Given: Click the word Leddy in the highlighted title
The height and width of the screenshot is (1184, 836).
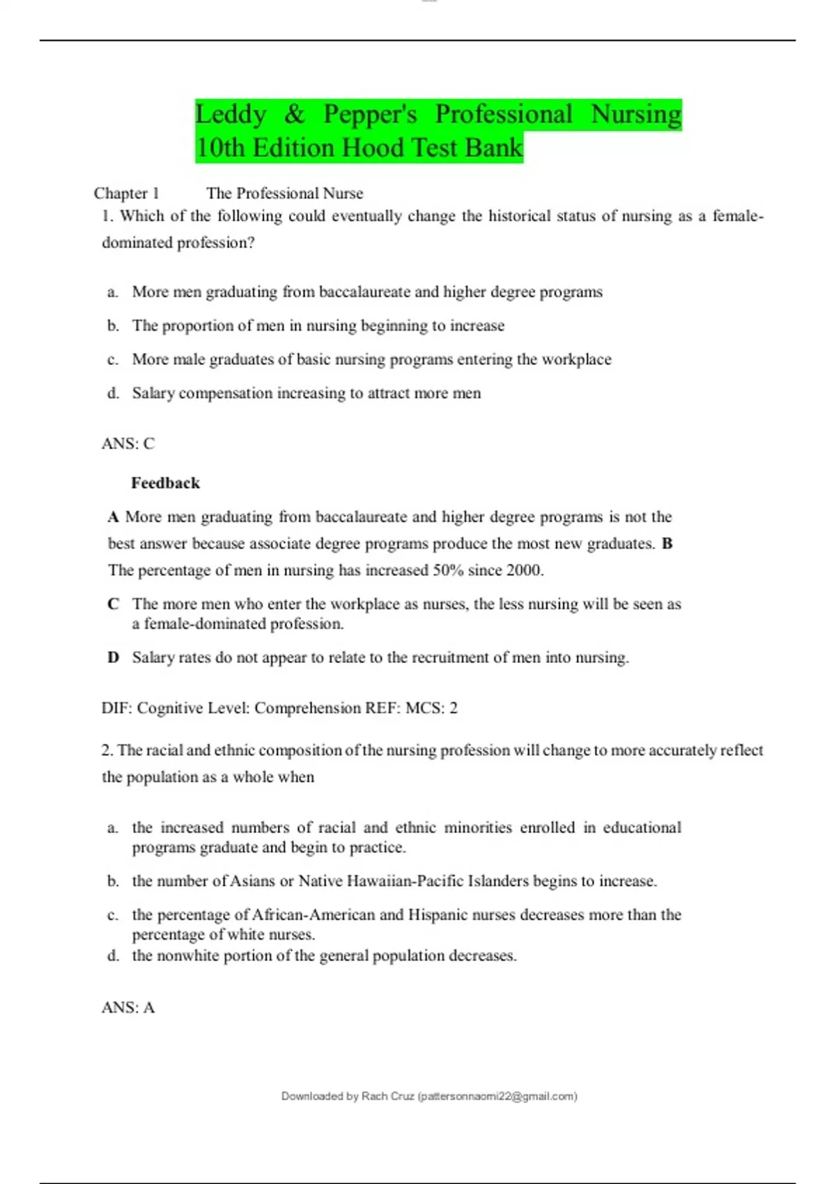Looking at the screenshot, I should pyautogui.click(x=231, y=114).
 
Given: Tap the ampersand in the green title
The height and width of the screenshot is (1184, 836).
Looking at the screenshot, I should pyautogui.click(x=295, y=114).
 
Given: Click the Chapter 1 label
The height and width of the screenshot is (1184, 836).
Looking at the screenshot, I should pyautogui.click(x=126, y=193).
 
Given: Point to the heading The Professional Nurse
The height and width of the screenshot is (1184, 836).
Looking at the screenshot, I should pyautogui.click(x=285, y=193).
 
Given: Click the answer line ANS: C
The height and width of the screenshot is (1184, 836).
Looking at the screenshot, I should pyautogui.click(x=128, y=444).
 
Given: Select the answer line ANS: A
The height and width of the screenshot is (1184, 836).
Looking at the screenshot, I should pyautogui.click(x=128, y=1008).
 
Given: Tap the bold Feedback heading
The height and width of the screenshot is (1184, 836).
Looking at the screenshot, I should pyautogui.click(x=165, y=483).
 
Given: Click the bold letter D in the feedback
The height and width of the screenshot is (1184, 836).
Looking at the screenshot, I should pyautogui.click(x=113, y=657).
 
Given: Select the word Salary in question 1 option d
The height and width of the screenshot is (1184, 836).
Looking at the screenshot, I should pyautogui.click(x=153, y=394).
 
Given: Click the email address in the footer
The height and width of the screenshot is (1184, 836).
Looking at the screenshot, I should pyautogui.click(x=497, y=1096).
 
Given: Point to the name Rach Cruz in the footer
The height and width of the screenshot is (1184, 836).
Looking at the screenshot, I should pyautogui.click(x=388, y=1096).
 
